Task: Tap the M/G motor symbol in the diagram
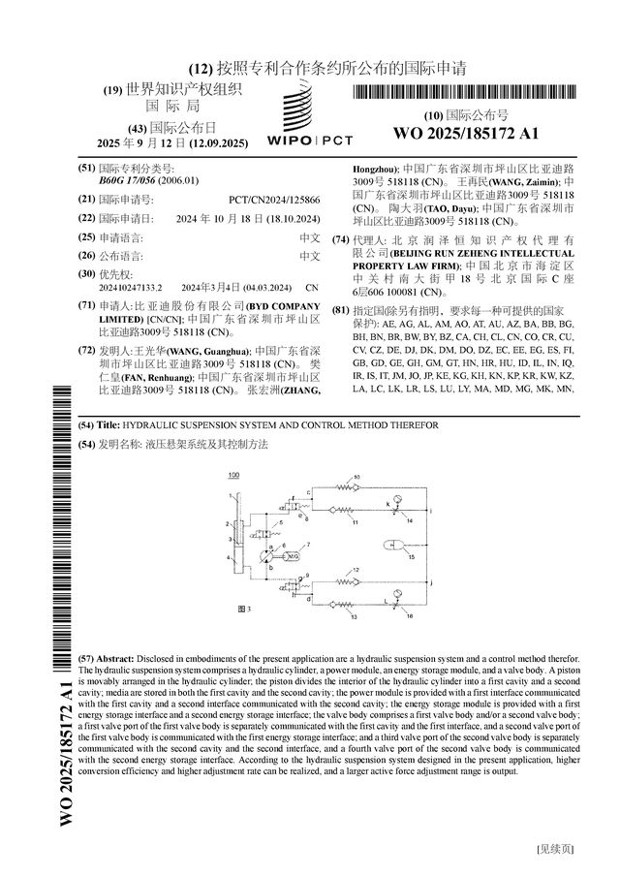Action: (x=293, y=556)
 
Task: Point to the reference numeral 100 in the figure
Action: (x=233, y=475)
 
